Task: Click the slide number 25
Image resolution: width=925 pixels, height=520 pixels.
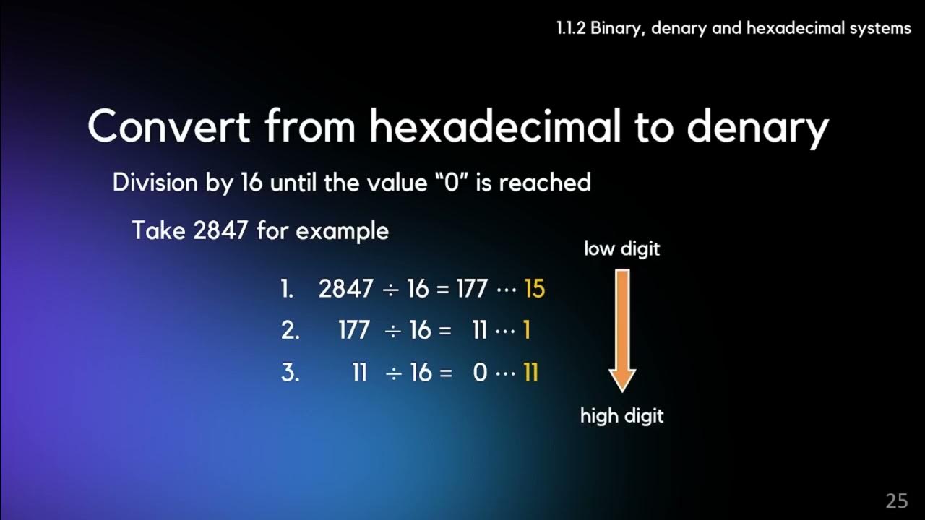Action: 896,500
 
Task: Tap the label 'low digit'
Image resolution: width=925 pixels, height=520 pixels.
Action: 621,249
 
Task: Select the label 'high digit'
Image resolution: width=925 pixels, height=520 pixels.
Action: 621,416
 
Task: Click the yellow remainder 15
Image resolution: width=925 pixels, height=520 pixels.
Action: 534,289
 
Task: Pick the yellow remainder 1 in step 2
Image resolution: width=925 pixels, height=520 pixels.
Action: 526,331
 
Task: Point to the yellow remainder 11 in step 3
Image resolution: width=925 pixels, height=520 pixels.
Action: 530,373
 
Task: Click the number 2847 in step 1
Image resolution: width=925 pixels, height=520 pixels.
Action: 345,289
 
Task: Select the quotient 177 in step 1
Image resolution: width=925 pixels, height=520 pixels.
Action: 472,289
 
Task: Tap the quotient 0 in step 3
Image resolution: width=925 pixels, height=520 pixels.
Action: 480,373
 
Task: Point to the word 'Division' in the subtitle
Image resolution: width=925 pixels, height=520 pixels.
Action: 154,183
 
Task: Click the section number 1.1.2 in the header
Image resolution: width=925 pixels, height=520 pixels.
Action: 570,28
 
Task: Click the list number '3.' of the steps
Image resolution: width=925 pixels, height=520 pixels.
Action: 290,373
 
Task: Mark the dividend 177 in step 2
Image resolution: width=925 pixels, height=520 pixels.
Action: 353,331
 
